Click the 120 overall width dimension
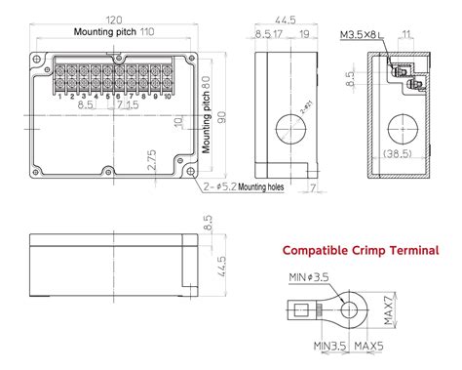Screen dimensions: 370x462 point(115,19)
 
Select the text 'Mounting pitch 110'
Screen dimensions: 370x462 point(113,32)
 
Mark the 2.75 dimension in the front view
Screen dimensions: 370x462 point(151,159)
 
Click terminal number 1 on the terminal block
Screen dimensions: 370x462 point(60,95)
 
